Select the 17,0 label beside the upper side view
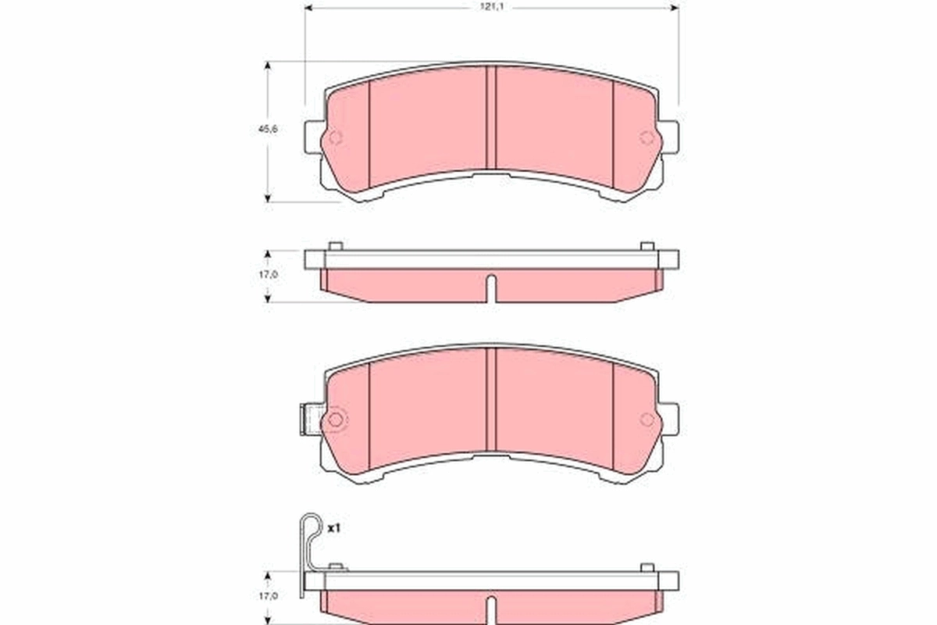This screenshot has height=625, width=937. click(x=268, y=276)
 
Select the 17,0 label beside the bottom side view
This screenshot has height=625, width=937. click(x=268, y=596)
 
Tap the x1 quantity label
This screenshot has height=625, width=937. click(x=334, y=529)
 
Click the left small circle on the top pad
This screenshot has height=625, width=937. click(x=334, y=138)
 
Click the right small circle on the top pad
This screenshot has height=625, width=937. click(x=647, y=138)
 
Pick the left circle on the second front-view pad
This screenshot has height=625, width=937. click(x=335, y=420)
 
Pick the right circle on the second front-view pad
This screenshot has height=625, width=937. click(x=647, y=420)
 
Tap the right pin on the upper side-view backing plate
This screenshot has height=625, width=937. click(x=647, y=246)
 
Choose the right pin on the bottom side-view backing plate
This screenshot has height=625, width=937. click(x=647, y=566)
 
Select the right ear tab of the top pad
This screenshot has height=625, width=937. click(x=669, y=137)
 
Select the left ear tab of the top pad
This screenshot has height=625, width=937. click(x=312, y=137)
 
